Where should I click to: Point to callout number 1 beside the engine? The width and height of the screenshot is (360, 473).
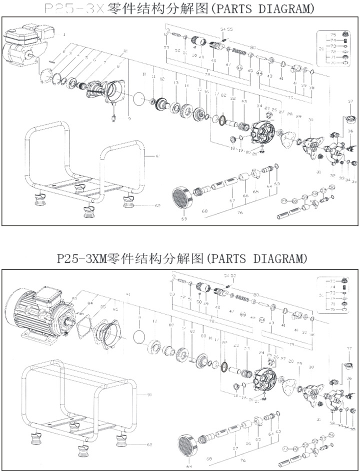[64, 35]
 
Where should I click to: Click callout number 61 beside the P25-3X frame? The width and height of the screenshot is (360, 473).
[158, 157]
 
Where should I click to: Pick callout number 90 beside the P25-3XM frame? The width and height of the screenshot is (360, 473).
[149, 394]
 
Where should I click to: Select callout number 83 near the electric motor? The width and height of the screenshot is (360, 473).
[74, 298]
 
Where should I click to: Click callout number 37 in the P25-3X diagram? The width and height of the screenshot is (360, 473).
[350, 101]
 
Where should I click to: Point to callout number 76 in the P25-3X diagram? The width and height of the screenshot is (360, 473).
[240, 212]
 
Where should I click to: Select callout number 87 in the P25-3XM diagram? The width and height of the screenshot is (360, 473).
[171, 325]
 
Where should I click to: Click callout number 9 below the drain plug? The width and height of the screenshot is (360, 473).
[129, 119]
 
